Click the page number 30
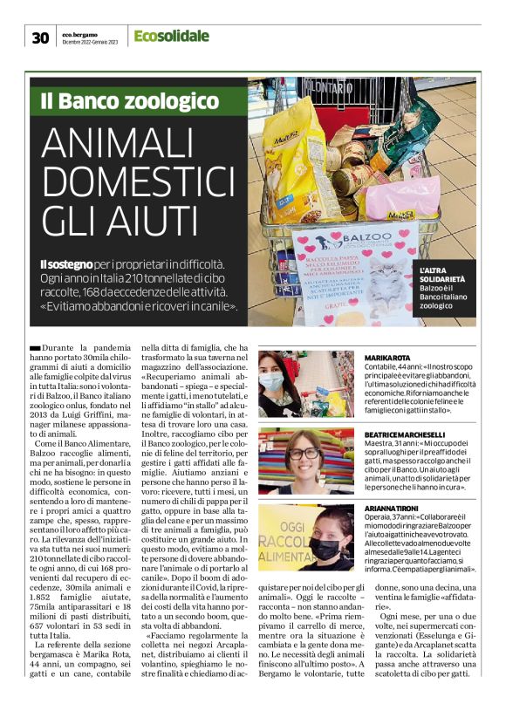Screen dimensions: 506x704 click(x=40, y=37)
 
